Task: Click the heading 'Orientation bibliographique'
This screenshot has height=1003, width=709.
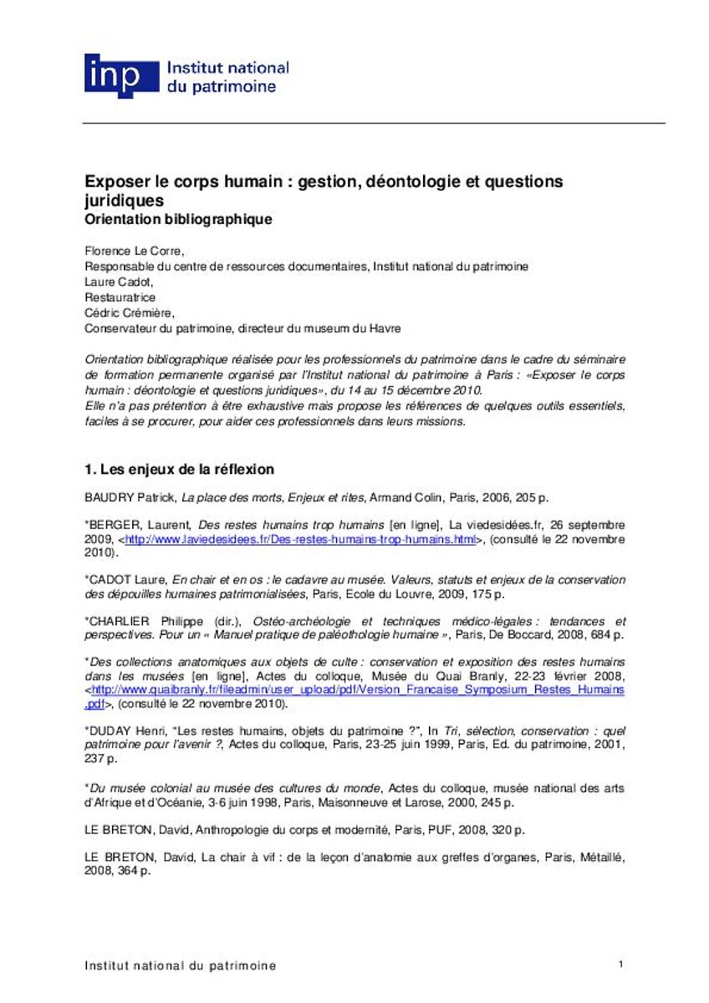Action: [x=178, y=220]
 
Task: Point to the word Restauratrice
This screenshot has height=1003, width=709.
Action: [x=120, y=297]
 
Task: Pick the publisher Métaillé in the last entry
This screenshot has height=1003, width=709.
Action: [x=601, y=857]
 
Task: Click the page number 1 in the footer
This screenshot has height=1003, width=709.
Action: [x=620, y=965]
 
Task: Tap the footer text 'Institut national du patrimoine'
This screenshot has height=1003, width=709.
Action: [x=180, y=965]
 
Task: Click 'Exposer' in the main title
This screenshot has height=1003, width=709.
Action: [x=113, y=181]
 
